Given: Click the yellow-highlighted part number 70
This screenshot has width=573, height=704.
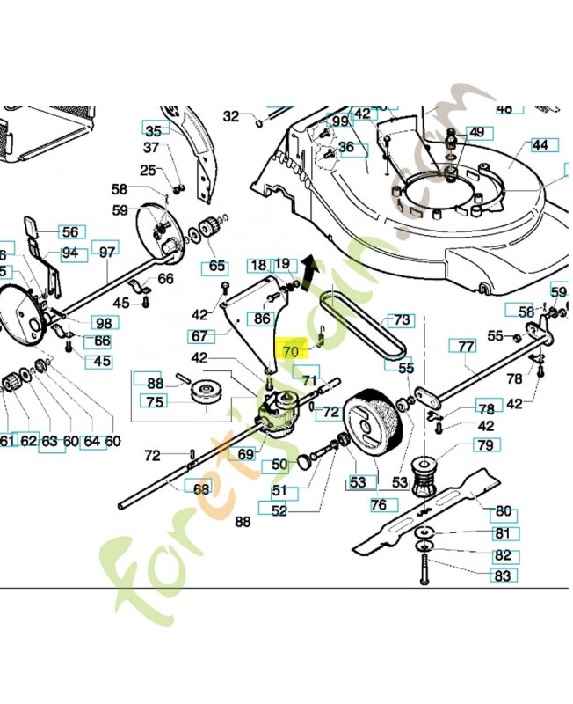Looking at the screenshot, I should point(291,350).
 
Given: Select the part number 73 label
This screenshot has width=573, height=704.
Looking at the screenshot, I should point(400,320).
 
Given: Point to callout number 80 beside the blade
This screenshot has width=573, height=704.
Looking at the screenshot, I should point(504,510).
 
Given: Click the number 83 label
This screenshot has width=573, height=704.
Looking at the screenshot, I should point(503,576).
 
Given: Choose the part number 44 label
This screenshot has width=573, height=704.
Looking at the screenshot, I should point(540,144).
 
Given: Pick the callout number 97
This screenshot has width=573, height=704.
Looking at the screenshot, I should point(107,252).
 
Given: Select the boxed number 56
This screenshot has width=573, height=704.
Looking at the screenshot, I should point(69,232).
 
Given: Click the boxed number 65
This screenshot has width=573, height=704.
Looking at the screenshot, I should point(216,266).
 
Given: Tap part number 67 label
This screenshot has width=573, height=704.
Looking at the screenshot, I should point(201,336).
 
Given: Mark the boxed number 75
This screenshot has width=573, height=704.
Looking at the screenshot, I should point(156,401).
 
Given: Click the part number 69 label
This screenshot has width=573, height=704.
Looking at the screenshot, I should point(245,454).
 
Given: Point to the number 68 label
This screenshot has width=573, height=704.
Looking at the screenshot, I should point(201,488).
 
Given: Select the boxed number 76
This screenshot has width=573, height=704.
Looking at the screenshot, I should point(378,504).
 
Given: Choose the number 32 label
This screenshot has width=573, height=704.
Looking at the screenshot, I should point(231,115).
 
